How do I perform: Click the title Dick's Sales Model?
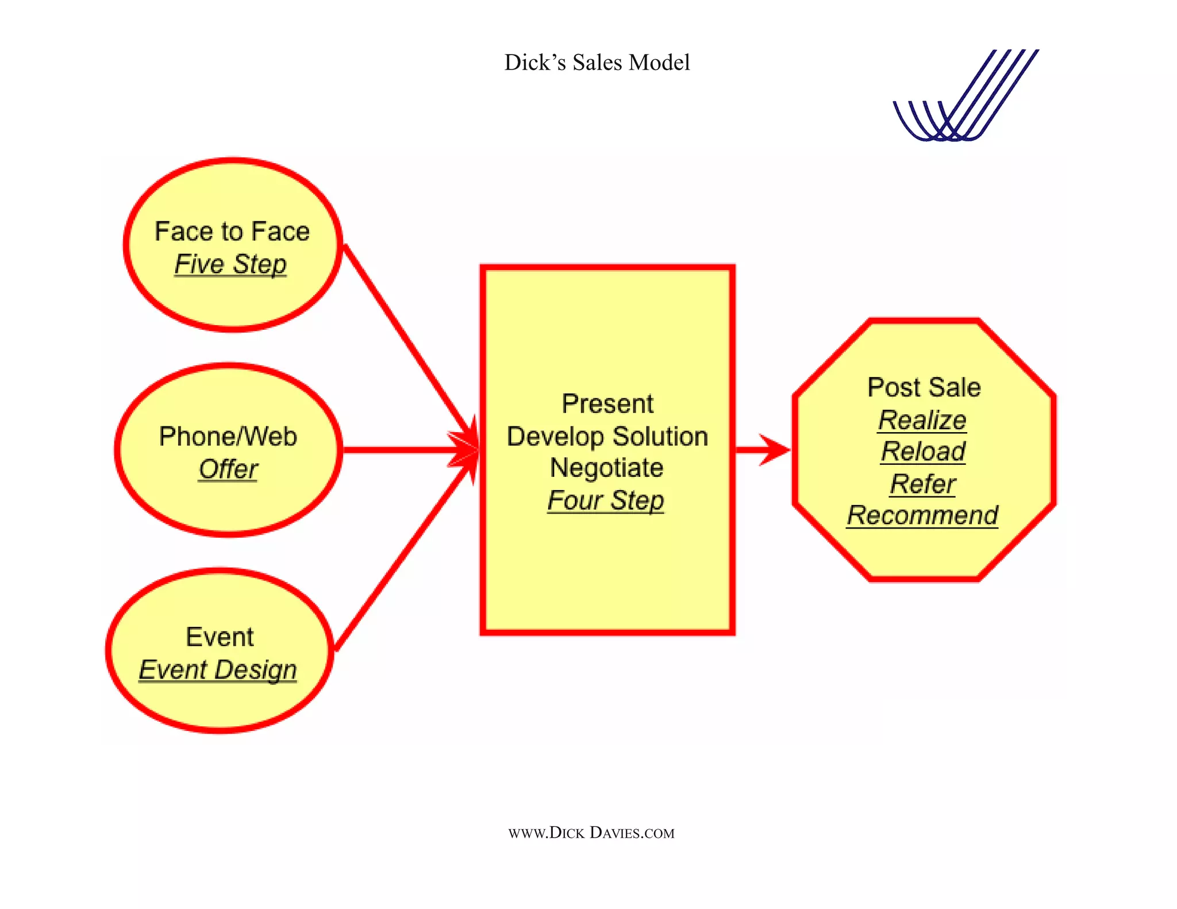click(x=597, y=63)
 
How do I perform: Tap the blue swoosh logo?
click(x=966, y=98)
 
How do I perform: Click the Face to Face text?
click(x=232, y=232)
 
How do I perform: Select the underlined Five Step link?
click(x=230, y=264)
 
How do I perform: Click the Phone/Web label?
click(x=228, y=437)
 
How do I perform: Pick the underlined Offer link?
click(x=228, y=469)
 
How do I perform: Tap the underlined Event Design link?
click(x=218, y=670)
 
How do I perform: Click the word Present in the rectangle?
click(x=607, y=404)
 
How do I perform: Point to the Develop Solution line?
click(x=607, y=437)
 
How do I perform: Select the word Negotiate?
click(x=607, y=468)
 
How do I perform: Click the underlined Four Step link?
click(x=606, y=500)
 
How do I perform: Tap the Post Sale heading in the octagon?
click(x=924, y=387)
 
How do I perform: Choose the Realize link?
click(x=922, y=420)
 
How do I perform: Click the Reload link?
click(x=923, y=452)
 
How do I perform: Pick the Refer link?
click(x=923, y=484)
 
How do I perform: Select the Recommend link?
click(x=922, y=515)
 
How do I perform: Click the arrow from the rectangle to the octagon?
click(x=761, y=450)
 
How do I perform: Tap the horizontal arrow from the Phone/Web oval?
click(x=402, y=450)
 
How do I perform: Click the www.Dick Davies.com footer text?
click(x=591, y=833)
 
